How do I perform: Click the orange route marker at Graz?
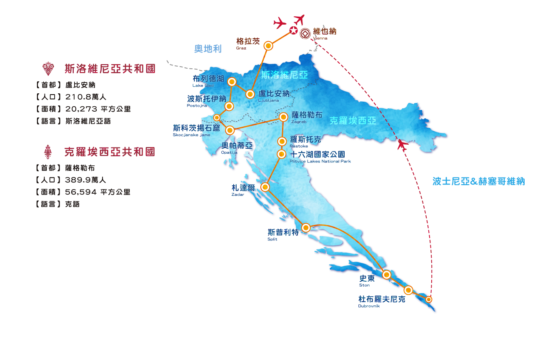coord(268,46)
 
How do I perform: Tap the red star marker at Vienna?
coord(293,30)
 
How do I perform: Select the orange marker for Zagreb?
coord(283,117)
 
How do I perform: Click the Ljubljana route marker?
coord(250,94)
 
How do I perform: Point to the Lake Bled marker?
coord(232,82)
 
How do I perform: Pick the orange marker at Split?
coord(306,228)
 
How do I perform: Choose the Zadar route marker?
coord(265,187)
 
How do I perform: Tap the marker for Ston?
coord(387,275)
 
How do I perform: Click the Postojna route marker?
coord(229,106)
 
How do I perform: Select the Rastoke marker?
coord(282,141)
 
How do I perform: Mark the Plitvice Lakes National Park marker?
coord(281,155)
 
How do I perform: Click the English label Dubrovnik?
coord(369,306)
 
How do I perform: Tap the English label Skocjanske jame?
coord(191,135)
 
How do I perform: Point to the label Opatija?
coord(229,152)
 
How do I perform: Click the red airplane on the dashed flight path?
coord(402,145)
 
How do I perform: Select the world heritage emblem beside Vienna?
coord(305,34)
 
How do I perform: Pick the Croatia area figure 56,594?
coord(81,192)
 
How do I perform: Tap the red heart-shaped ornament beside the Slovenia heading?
coord(48,68)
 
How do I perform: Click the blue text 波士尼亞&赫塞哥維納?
coord(479,181)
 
